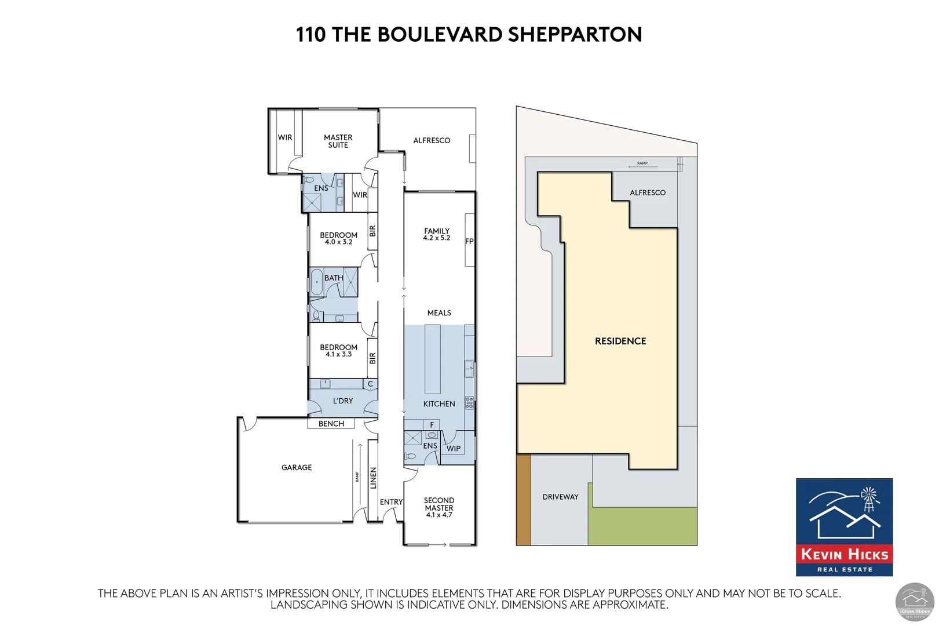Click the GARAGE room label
coord(296,467)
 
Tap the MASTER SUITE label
coord(338,141)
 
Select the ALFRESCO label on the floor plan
coord(432,140)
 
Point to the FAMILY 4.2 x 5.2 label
coord(436,234)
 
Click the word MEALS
coord(439,313)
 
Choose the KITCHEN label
coord(439,404)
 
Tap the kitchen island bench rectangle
coord(432,359)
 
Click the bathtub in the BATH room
coord(316,282)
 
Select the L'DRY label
coord(342,401)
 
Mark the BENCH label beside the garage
coord(331,424)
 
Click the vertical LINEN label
coord(373,478)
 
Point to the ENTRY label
coord(391,502)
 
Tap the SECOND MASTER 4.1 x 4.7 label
coord(439,507)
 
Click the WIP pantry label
coord(453,449)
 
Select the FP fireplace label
coord(469,241)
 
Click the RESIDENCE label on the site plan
coord(620,341)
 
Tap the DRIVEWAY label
coord(560,497)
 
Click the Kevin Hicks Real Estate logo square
coord(843,527)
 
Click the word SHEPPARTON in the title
coord(575,35)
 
